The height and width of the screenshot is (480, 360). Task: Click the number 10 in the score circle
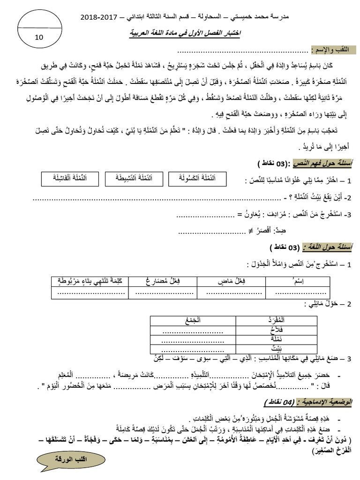point(38,37)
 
